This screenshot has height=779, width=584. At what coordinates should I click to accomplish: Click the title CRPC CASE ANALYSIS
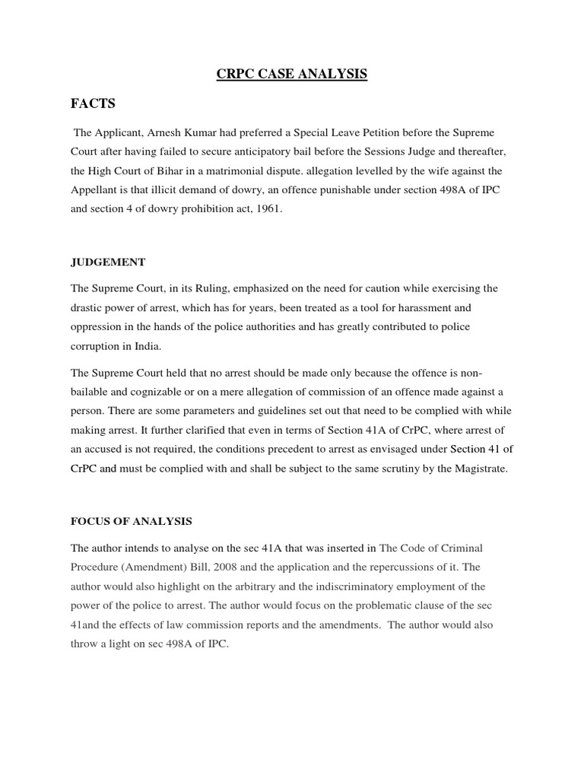[x=292, y=74]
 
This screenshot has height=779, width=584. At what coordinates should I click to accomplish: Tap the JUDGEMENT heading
[x=108, y=262]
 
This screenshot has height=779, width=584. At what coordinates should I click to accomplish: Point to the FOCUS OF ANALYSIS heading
[x=132, y=521]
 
